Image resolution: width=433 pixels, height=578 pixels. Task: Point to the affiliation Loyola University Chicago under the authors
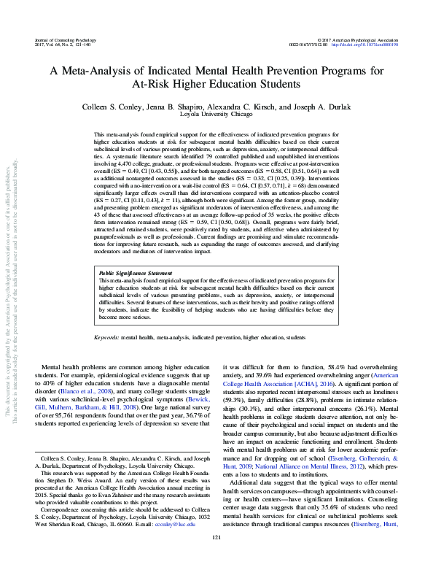click(216, 115)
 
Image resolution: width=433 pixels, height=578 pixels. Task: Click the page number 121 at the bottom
click(216, 558)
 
